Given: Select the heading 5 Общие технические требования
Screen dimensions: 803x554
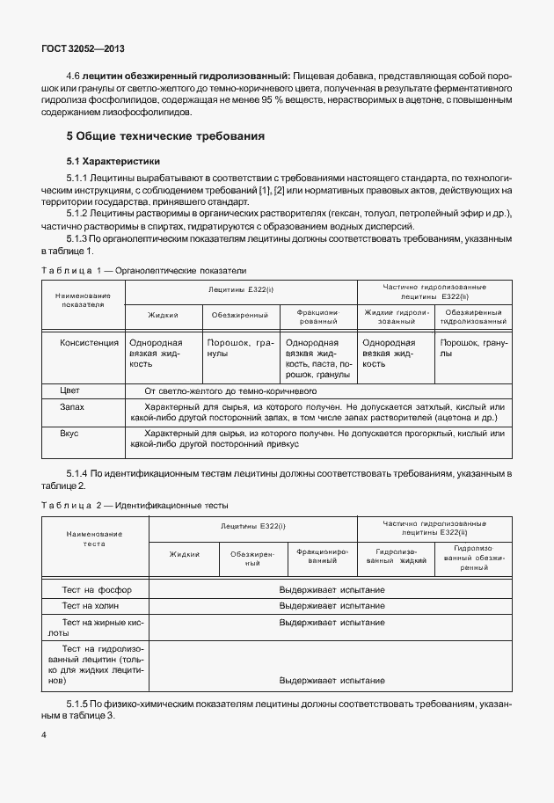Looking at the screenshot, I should [x=165, y=137].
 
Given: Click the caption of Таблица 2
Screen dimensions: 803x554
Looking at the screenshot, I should [x=135, y=506].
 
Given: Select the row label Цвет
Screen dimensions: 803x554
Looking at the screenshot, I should [x=69, y=391].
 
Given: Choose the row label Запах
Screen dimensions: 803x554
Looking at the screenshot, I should [x=72, y=407].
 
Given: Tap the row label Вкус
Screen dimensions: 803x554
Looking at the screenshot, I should [x=69, y=434].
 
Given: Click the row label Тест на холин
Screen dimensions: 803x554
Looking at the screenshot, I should [x=90, y=606].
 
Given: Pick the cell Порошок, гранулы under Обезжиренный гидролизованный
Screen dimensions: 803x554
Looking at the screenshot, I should [x=473, y=348].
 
